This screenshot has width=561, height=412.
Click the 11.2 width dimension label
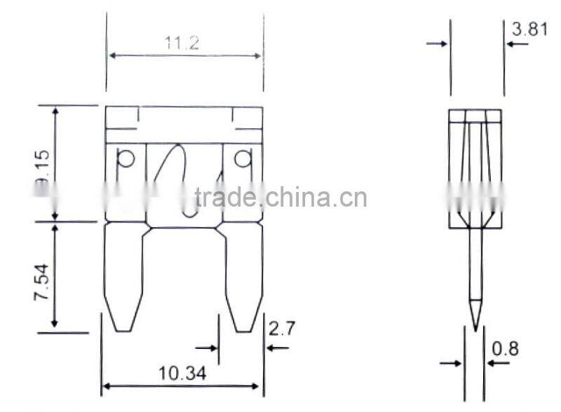pyautogui.click(x=182, y=43)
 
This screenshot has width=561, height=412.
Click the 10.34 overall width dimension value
pyautogui.click(x=183, y=373)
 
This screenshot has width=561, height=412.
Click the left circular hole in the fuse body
pyautogui.click(x=126, y=159)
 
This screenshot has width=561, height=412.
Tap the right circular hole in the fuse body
pyautogui.click(x=243, y=159)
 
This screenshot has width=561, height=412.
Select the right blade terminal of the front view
pyautogui.click(x=243, y=277)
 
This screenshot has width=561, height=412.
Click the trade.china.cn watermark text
pyautogui.click(x=280, y=198)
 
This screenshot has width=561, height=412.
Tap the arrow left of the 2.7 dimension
pyautogui.click(x=207, y=347)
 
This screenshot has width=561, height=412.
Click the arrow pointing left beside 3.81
pyautogui.click(x=517, y=44)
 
